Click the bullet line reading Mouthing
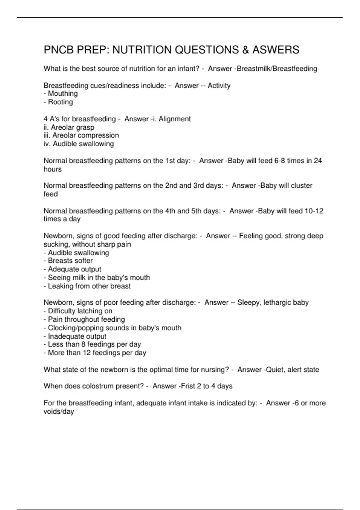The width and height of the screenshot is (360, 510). coord(61,94)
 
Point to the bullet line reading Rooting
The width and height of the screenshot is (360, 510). coord(58,102)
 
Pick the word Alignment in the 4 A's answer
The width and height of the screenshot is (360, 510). coord(175,119)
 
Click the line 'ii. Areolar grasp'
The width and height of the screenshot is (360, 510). coord(69,127)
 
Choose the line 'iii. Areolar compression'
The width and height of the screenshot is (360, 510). coord(81,136)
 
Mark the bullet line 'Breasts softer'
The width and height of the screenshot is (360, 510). coord(68,261)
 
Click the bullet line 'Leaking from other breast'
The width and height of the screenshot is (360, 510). coord(87,286)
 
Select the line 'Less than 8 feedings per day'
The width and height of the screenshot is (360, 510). coord(92,344)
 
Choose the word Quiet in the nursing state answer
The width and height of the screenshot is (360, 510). coord(274,370)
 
